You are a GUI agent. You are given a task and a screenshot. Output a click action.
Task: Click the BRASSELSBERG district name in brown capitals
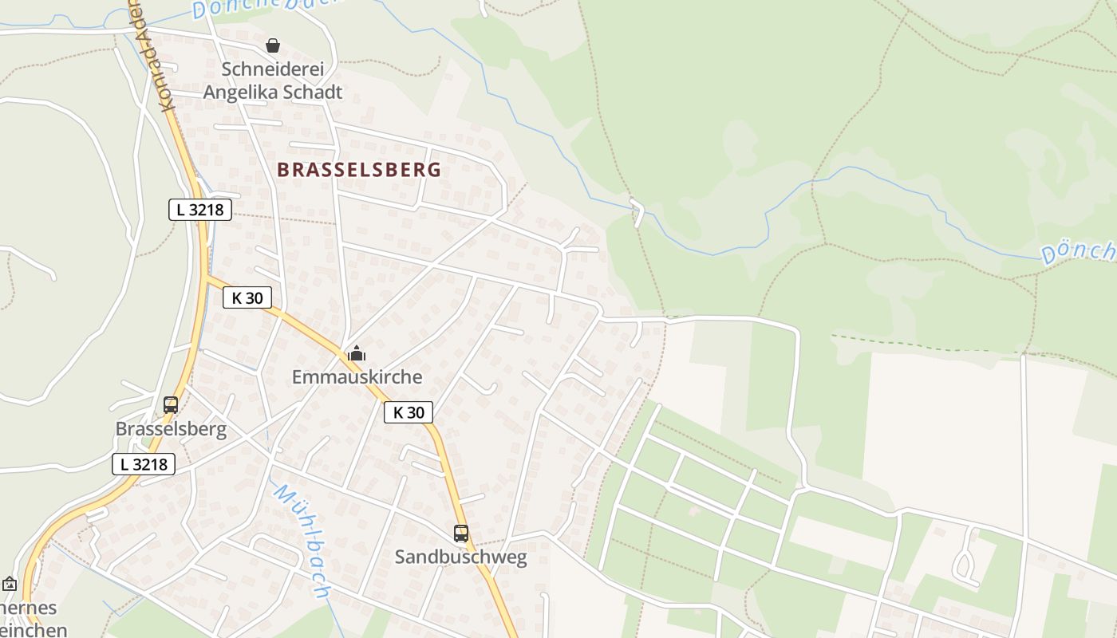pos(359,170)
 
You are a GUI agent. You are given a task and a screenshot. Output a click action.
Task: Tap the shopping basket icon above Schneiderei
pos(273,45)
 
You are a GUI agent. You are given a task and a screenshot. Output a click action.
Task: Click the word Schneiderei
pos(273,69)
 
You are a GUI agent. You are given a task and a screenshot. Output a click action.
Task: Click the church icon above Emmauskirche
pos(357,353)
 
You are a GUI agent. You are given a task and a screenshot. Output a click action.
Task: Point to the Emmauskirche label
pos(357,377)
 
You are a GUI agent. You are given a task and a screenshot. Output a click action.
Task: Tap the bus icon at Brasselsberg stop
pos(171,404)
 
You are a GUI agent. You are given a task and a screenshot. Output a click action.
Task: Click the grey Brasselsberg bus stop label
pos(171,430)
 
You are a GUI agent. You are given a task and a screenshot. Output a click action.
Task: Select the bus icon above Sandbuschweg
pos(461,534)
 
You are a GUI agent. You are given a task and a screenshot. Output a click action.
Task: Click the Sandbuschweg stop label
pos(461,557)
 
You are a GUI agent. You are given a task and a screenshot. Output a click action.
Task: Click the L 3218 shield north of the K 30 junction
pos(200,210)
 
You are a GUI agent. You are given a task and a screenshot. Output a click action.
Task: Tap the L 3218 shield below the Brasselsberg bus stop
pos(144,464)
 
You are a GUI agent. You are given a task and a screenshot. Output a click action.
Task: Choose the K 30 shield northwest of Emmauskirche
pos(247,298)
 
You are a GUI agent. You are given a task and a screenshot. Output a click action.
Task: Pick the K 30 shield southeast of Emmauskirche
pos(409,412)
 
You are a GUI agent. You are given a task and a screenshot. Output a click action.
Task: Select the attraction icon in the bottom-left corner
pos(10,585)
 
